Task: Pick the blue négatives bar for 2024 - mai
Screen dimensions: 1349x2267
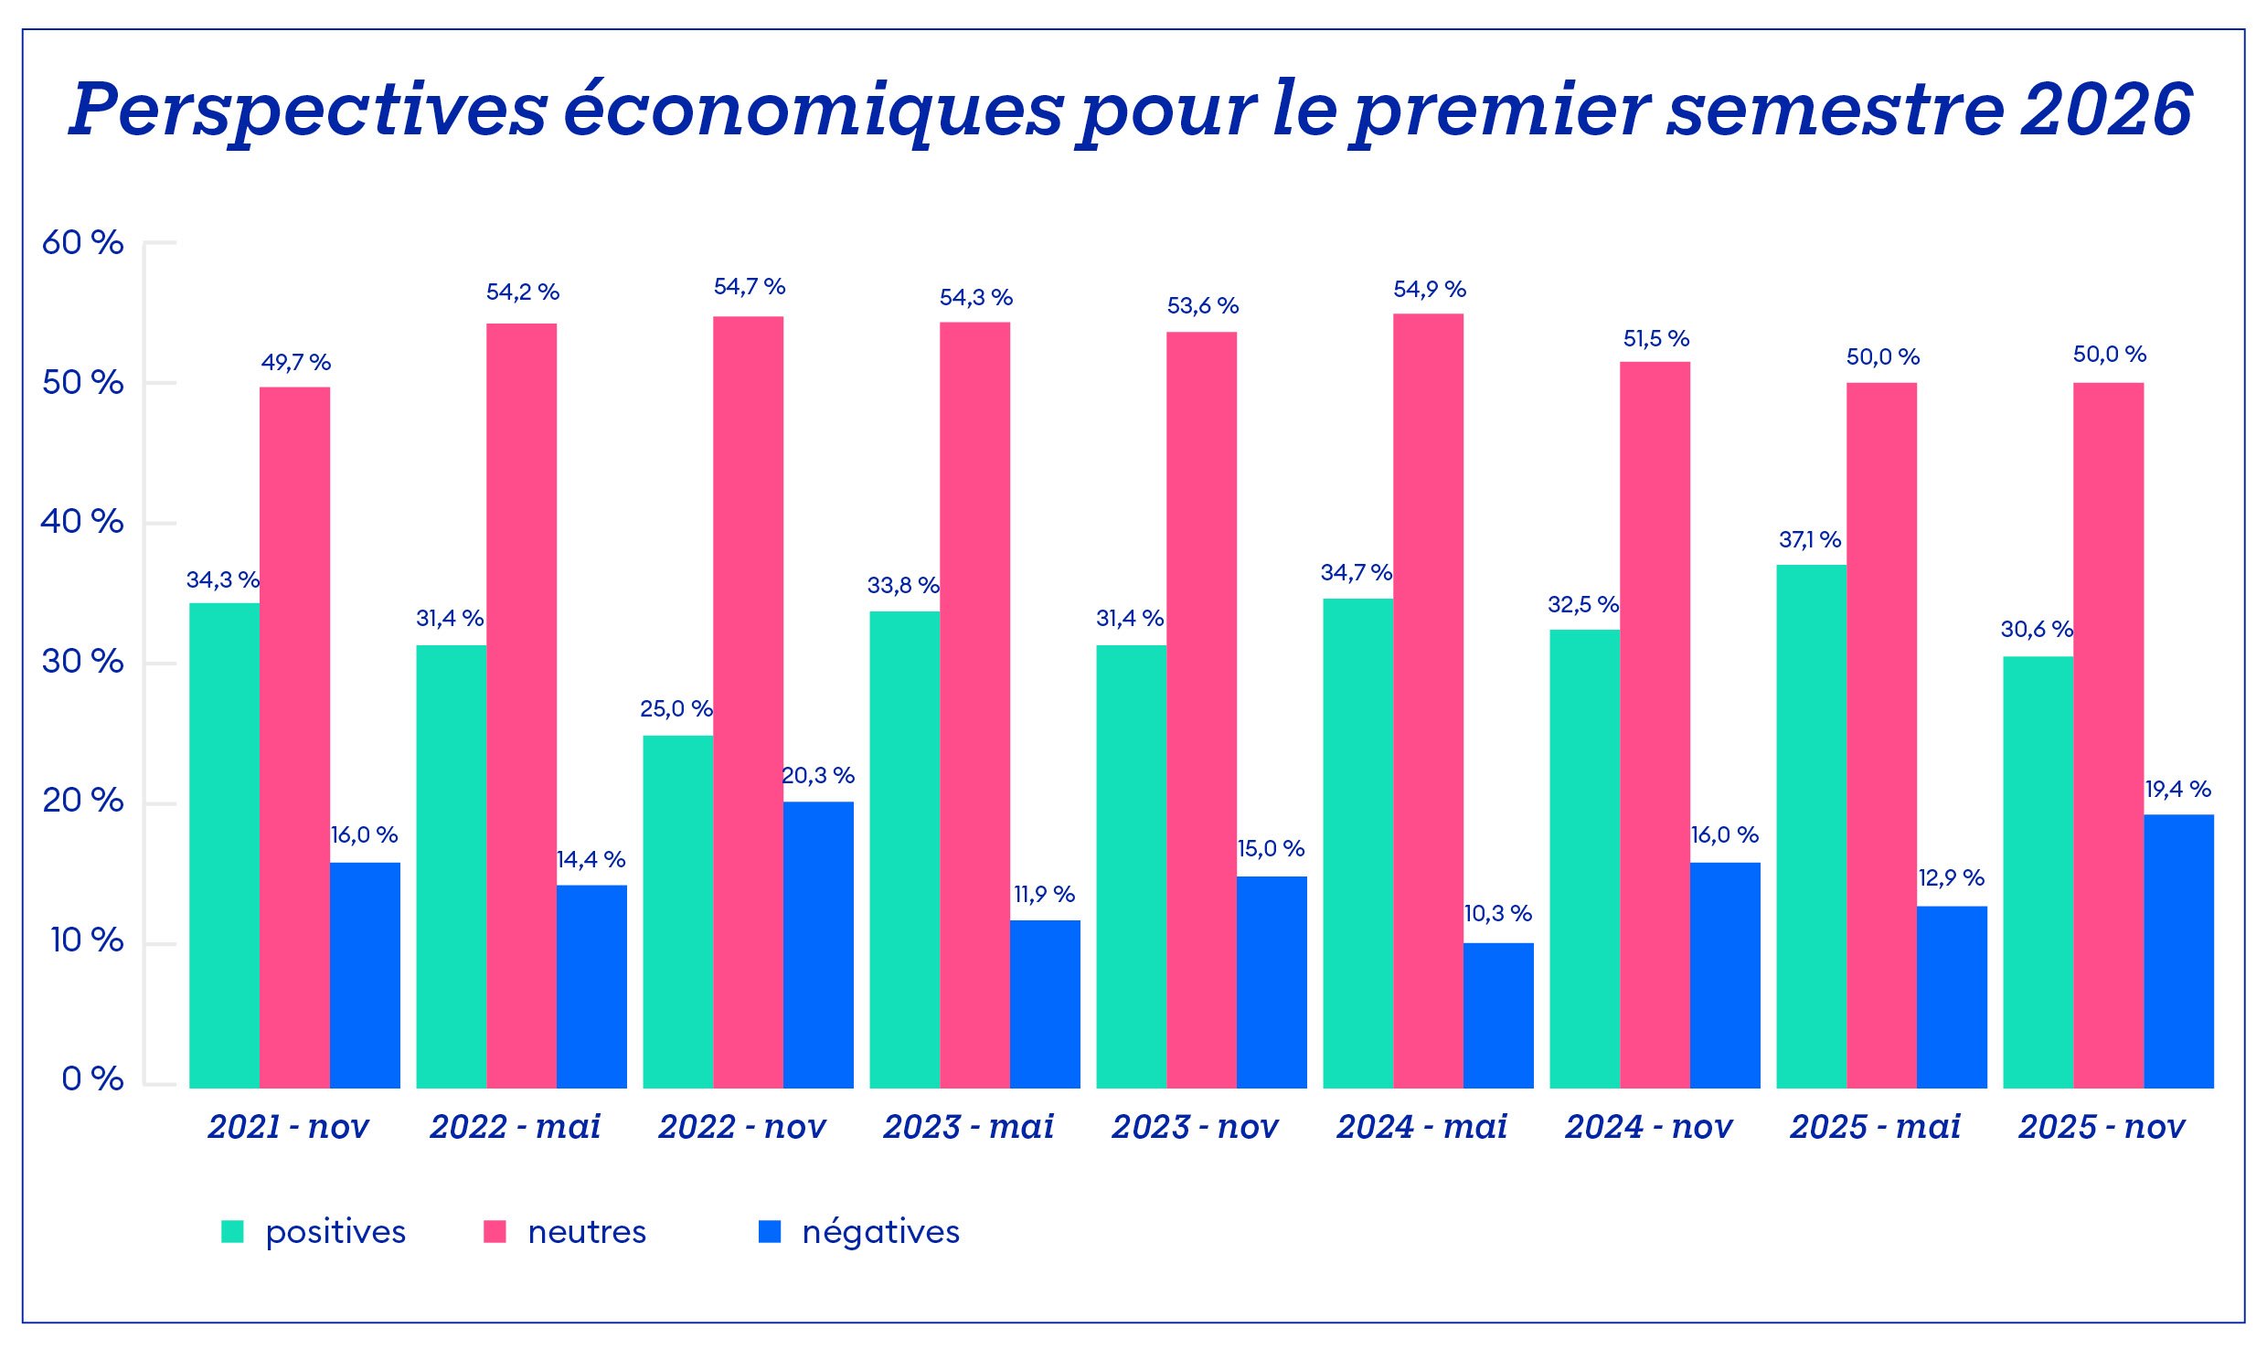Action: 1498,1015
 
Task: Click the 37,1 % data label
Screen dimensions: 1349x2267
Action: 1809,540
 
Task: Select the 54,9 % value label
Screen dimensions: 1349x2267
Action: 1429,290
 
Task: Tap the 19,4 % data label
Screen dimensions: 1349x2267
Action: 2177,789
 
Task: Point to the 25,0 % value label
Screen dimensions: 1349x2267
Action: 676,708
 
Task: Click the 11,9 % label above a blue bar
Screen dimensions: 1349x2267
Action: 1044,894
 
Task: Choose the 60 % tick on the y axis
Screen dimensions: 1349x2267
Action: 82,243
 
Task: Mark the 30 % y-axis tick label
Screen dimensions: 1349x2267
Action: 82,662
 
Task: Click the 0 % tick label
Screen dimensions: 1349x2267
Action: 92,1079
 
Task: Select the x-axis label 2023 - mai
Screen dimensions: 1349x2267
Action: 968,1127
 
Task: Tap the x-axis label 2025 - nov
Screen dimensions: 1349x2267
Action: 2102,1127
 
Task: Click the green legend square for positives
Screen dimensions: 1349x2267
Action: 232,1232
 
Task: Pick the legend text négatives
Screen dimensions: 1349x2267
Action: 880,1232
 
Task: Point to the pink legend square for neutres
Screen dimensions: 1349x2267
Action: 495,1232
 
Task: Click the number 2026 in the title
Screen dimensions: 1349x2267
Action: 2107,110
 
